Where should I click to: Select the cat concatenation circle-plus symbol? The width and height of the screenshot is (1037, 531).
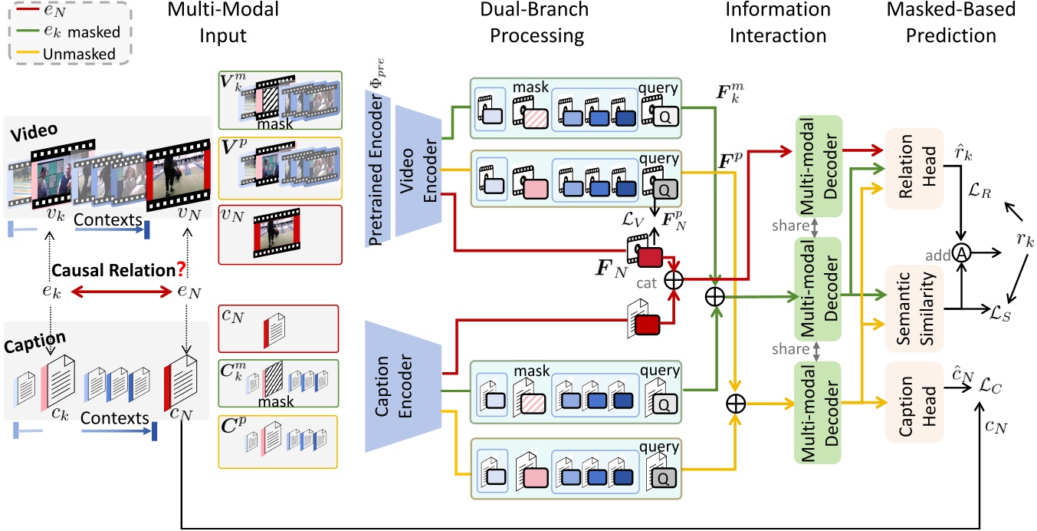(x=673, y=280)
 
